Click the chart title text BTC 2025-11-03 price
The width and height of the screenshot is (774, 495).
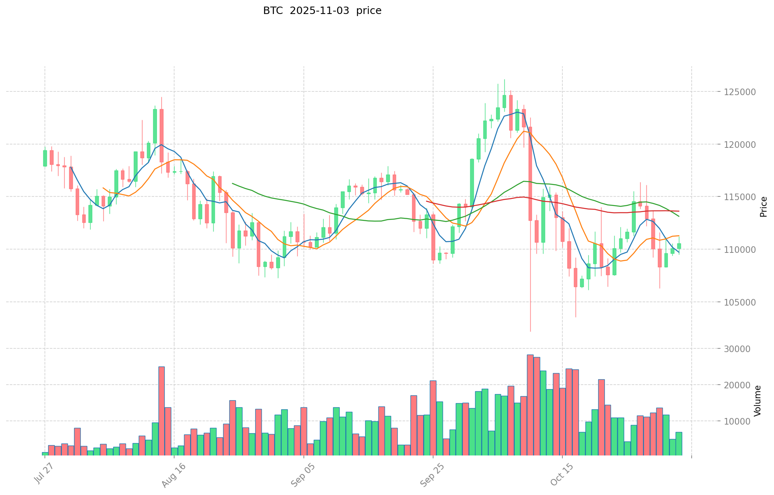click(x=322, y=11)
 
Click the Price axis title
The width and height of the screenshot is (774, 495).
click(x=763, y=206)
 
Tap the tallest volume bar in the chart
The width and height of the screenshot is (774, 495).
click(x=530, y=405)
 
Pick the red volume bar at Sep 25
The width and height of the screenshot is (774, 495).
click(x=433, y=418)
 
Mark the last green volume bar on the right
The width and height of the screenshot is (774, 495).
click(x=678, y=444)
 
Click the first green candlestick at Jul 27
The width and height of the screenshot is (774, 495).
click(x=45, y=158)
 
